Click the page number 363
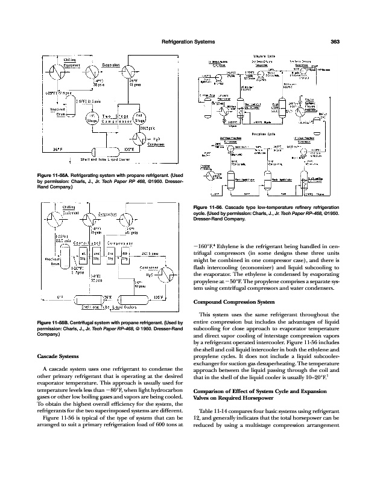pyautogui.click(x=337, y=42)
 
